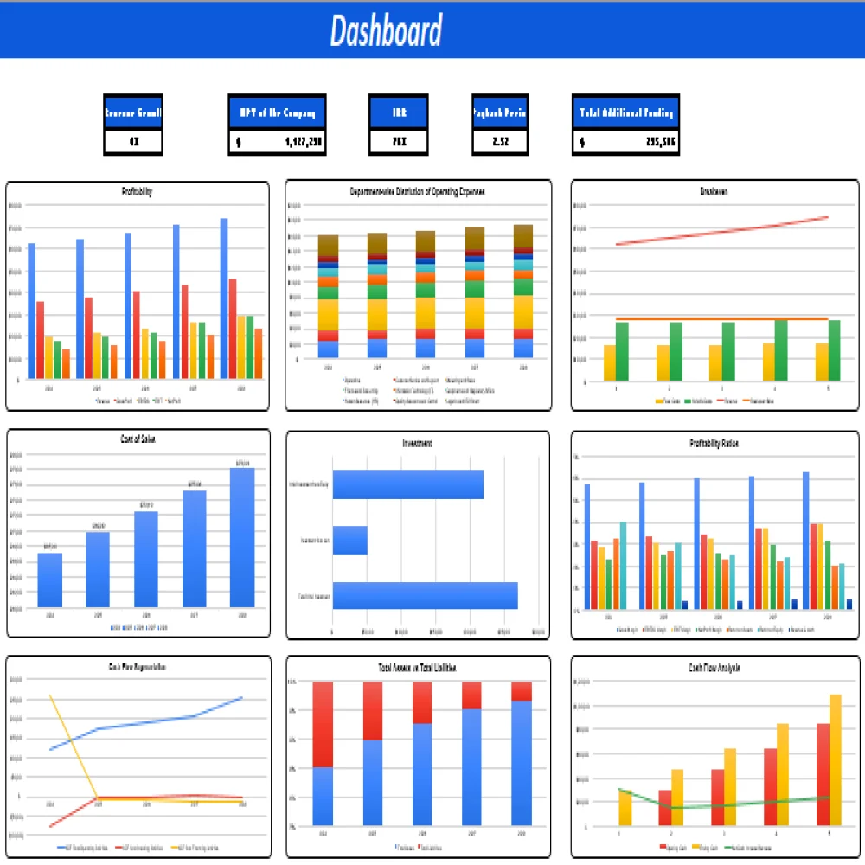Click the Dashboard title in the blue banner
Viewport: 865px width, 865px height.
pos(386,31)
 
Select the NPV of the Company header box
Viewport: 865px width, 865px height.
pos(277,112)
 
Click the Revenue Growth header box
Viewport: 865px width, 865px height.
pos(133,112)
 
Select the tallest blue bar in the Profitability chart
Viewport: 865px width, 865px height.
pos(224,298)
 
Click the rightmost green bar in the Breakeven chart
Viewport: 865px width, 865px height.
pos(834,350)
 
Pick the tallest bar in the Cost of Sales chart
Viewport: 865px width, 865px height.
pos(242,537)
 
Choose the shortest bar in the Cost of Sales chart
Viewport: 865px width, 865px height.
pos(50,580)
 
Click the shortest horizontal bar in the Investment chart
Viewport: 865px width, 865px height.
pos(350,541)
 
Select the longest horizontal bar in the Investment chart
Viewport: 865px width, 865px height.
pos(425,596)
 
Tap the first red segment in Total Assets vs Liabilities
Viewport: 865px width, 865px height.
pos(323,724)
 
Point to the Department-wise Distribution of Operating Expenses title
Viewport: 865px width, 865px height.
pos(418,191)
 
